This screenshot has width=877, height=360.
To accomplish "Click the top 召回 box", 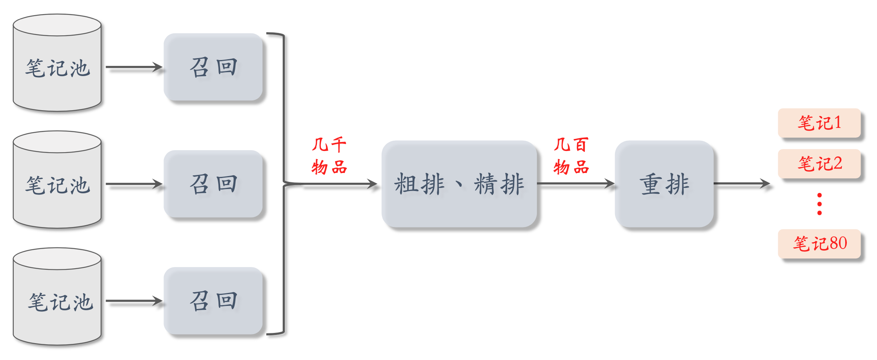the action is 213,67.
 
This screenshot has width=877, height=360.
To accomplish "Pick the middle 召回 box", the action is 213,184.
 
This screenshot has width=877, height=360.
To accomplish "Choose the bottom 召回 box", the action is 213,301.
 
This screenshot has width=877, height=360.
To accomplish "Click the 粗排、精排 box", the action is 459,184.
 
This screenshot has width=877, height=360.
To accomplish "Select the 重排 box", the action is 664,184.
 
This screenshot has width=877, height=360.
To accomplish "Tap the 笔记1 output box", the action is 819,123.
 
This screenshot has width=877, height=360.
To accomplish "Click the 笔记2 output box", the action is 819,164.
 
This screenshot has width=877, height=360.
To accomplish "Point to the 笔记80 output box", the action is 819,244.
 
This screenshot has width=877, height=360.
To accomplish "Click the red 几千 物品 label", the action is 329,156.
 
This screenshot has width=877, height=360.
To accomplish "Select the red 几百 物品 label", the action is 571,156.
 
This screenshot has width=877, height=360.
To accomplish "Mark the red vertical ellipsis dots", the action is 819,204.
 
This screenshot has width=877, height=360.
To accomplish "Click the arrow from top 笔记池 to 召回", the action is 134,67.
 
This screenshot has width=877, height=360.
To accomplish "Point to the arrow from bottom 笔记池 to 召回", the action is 134,301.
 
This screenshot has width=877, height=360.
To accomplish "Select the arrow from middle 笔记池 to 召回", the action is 134,184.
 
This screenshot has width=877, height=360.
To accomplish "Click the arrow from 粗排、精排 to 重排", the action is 575,184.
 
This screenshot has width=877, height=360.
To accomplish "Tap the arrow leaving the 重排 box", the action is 741,184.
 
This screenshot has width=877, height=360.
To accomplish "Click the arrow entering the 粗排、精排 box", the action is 339,184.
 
